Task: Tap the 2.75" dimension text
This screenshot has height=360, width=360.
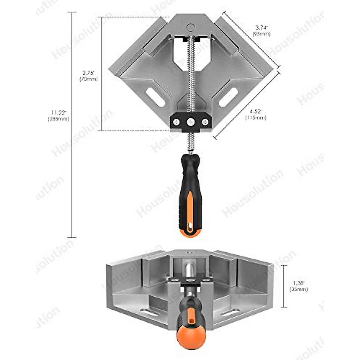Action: point(88,73)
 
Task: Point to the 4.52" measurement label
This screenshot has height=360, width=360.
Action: point(256,112)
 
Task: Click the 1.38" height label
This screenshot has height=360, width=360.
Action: point(298,283)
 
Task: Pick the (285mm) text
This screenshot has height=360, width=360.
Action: point(58,119)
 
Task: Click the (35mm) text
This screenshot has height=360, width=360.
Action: point(298,289)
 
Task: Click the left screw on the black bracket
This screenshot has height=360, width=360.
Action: point(176,122)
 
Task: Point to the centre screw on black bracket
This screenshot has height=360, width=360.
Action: point(190,122)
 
